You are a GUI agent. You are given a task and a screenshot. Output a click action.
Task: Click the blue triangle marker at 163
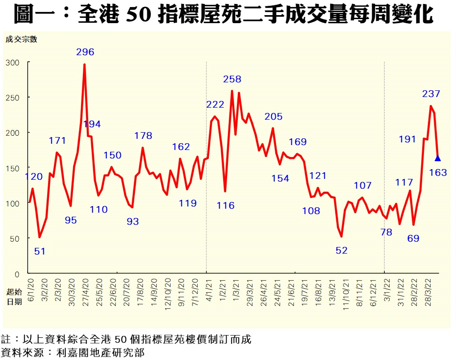[x=438, y=158]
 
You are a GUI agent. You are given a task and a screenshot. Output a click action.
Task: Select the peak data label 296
[x=85, y=52]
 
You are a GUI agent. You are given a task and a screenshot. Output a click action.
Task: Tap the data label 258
[x=232, y=80]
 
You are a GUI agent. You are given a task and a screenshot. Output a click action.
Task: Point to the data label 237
[x=431, y=94]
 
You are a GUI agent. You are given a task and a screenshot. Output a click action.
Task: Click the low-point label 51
[x=40, y=251]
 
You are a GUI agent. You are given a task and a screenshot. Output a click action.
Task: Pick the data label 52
[x=342, y=251]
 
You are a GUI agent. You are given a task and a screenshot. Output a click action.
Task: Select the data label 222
[x=215, y=105]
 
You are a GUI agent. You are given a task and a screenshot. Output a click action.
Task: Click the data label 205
[x=273, y=117]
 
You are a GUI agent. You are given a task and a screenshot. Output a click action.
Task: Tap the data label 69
[x=413, y=239]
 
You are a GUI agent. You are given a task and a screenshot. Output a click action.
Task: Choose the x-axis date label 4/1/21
[x=209, y=290]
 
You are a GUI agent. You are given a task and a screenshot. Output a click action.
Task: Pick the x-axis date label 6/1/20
[x=31, y=290]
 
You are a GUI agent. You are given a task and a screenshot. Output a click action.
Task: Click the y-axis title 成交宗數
[x=21, y=39]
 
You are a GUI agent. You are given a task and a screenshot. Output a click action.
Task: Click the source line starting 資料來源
[x=73, y=353]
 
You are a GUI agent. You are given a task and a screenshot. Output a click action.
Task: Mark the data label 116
[x=226, y=206]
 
